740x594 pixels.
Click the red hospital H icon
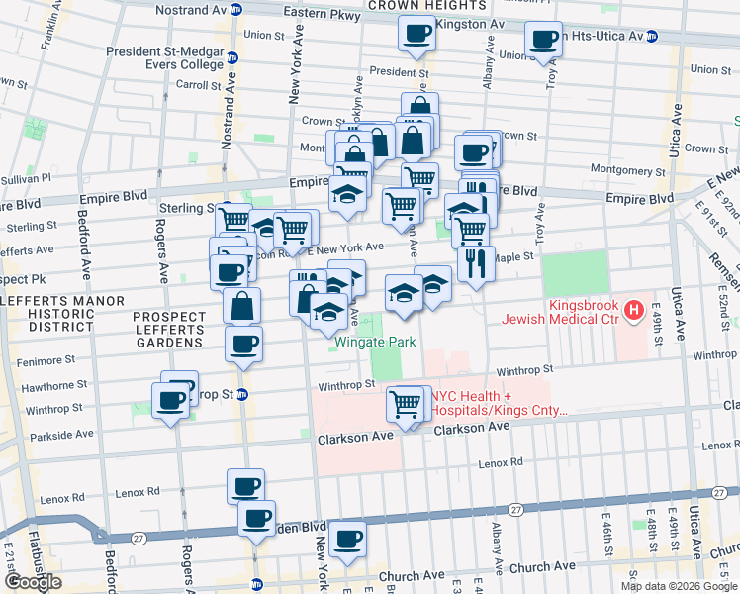pyautogui.click(x=632, y=310)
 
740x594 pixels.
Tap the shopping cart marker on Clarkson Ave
pyautogui.click(x=406, y=404)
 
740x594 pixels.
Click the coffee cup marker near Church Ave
pyautogui.click(x=347, y=539)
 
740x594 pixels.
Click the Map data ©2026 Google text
pyautogui.click(x=678, y=586)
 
